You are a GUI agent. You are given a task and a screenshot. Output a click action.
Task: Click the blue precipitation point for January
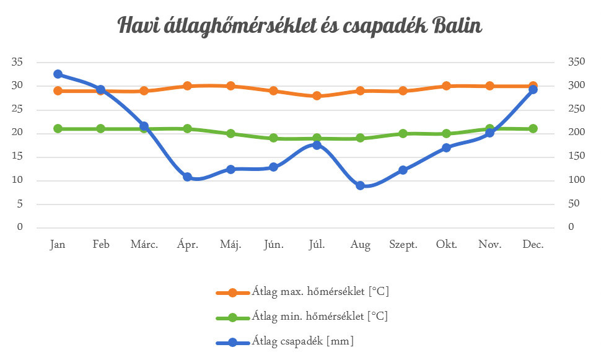coord(58,74)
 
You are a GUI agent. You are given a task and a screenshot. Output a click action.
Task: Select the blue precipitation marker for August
coord(360,186)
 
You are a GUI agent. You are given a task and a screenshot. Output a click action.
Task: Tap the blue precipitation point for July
coord(317,145)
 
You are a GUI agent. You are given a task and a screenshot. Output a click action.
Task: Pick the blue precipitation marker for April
coord(188,177)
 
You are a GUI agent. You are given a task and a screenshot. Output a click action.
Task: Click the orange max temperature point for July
coord(317,96)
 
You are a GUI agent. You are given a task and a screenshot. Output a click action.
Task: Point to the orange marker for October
coord(446,86)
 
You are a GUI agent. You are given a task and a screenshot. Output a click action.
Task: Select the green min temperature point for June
coord(274,138)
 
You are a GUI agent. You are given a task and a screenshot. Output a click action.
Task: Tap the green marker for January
coord(58,128)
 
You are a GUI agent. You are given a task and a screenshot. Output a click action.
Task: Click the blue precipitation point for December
coord(533,89)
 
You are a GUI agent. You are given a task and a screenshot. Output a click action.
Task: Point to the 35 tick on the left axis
coord(17,62)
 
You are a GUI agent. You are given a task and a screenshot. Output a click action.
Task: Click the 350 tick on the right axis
coord(576,61)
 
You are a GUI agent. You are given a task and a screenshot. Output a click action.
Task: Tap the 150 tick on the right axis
coord(576,156)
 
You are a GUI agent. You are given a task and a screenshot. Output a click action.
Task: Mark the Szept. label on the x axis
coord(403,245)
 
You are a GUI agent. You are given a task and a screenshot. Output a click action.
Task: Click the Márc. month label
coord(144,244)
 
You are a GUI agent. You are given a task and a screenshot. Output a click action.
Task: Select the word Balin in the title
coord(457,25)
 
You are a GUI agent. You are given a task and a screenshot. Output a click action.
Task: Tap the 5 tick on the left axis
coord(20,204)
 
